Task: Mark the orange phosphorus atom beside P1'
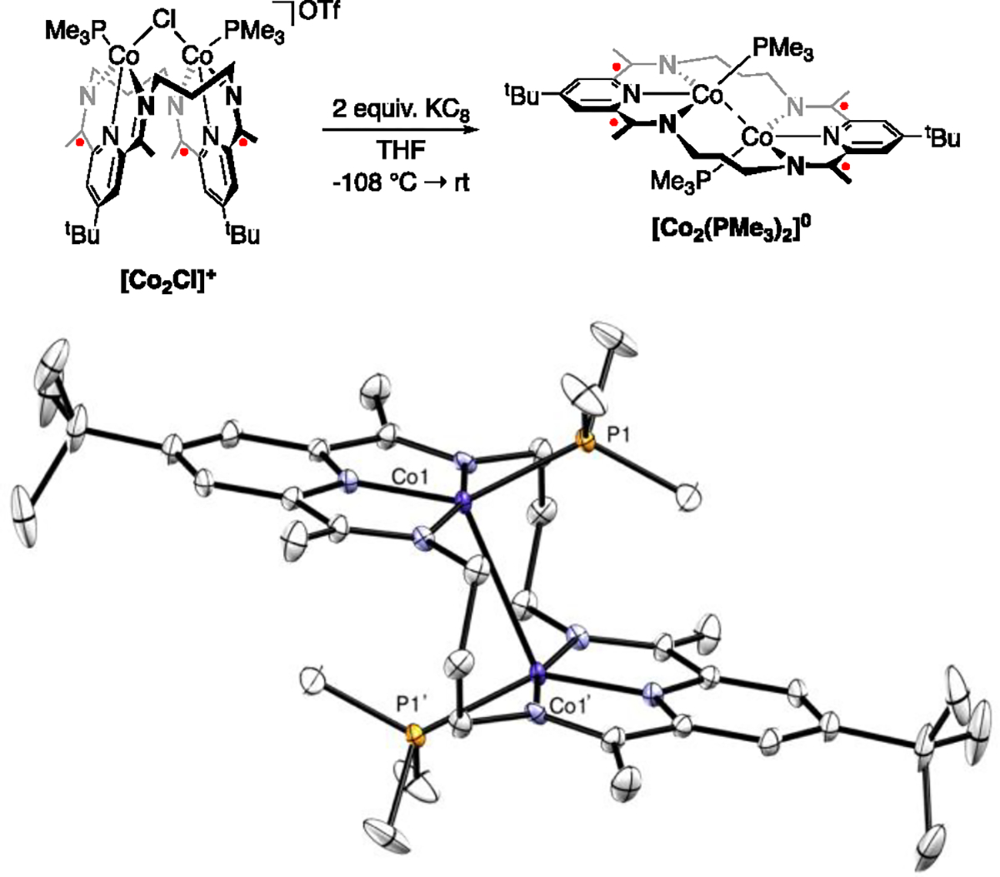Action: [412, 735]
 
